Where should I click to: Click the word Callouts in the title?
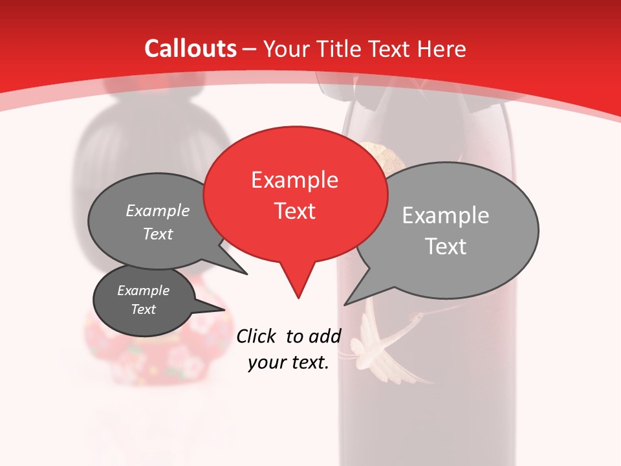click(x=190, y=49)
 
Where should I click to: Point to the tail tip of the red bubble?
click(x=298, y=297)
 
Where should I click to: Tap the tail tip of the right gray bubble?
click(x=345, y=304)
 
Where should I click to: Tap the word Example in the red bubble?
click(x=294, y=180)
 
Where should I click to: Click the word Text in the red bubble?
click(x=295, y=211)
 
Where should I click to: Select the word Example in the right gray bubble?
click(x=445, y=215)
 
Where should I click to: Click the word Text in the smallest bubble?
click(x=144, y=309)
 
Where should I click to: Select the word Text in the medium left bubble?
click(x=158, y=234)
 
